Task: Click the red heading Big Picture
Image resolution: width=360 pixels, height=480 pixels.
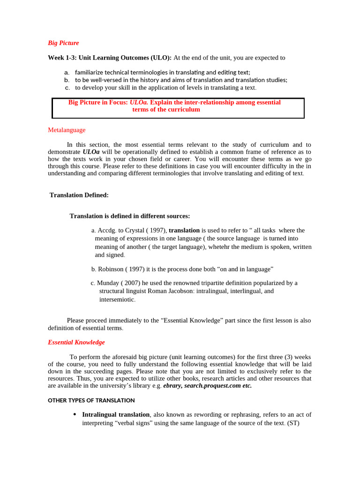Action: coord(63,43)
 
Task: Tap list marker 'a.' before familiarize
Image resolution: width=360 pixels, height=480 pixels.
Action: coord(67,72)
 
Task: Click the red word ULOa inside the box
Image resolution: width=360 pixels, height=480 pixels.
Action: coord(139,102)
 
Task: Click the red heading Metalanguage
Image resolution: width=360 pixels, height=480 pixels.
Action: coord(67,130)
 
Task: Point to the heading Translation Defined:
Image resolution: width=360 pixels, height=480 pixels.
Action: coord(79,195)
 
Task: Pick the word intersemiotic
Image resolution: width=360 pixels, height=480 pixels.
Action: coord(116,299)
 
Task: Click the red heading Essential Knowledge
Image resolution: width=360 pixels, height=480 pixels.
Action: coord(76,342)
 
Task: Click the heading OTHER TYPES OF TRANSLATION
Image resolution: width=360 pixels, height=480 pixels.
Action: coord(91,400)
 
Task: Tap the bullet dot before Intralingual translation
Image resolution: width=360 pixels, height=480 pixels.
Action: coord(75,414)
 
